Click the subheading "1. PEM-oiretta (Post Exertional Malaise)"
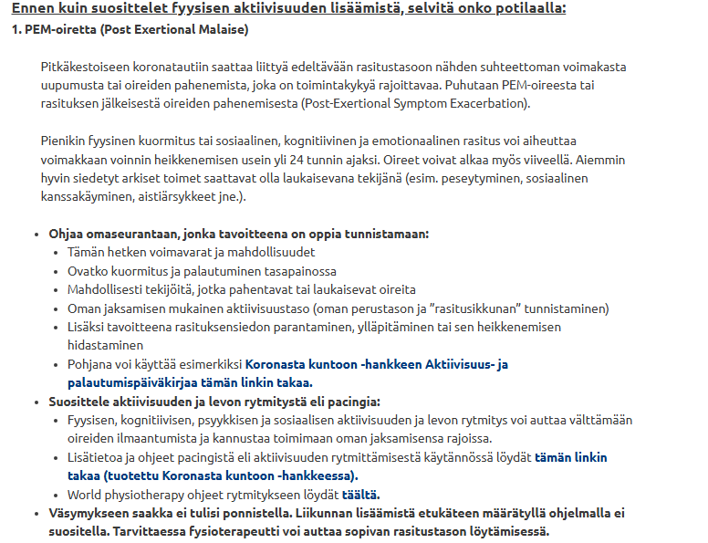[x=130, y=29]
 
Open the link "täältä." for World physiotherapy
[x=360, y=495]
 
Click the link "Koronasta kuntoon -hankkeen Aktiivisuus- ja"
[x=376, y=364]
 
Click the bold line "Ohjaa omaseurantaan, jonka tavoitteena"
[x=238, y=234]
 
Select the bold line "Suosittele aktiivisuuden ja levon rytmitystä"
[x=214, y=402]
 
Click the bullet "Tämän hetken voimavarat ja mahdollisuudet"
[x=191, y=252]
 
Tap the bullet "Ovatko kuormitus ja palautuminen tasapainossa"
[x=202, y=271]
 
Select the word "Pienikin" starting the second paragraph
[x=65, y=141]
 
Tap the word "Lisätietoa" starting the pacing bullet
[x=99, y=457]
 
